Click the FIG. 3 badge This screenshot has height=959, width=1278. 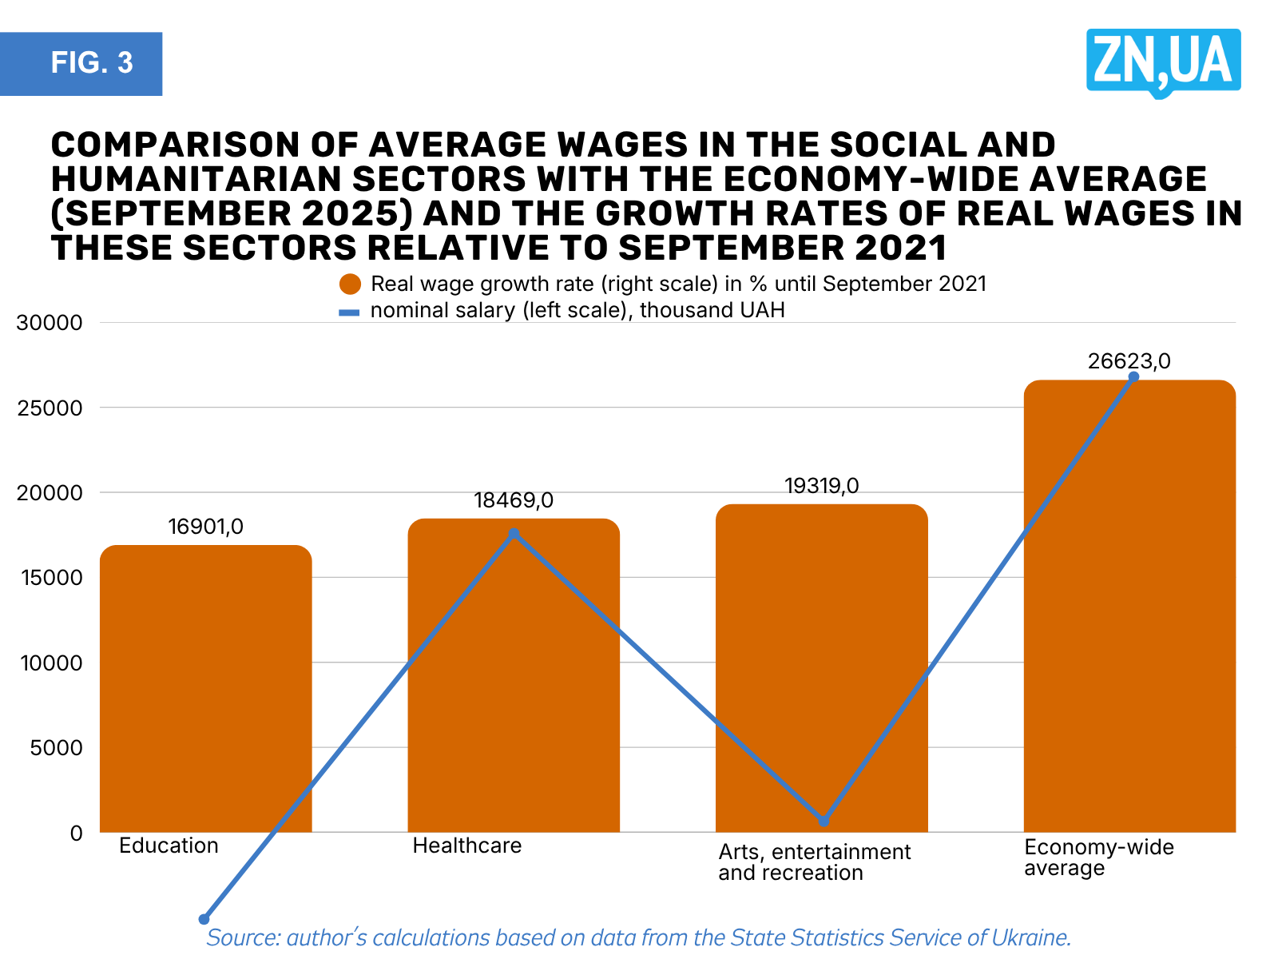[81, 64]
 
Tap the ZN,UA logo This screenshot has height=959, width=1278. [1163, 62]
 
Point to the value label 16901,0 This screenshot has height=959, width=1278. [206, 527]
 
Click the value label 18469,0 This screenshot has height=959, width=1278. [514, 500]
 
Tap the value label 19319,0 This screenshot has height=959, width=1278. [821, 486]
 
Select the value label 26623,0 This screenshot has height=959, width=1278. [1129, 361]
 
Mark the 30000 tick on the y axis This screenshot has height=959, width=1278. [50, 323]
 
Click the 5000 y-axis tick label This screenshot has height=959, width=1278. [57, 748]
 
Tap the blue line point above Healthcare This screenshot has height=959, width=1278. [514, 533]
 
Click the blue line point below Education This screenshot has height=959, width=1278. [204, 919]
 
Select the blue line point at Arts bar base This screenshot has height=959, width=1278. [824, 821]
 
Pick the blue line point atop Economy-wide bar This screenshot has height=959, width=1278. [1133, 376]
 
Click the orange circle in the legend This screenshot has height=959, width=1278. [350, 285]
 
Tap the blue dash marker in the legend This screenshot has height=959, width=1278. [349, 312]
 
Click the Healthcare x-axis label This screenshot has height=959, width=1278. [466, 846]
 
